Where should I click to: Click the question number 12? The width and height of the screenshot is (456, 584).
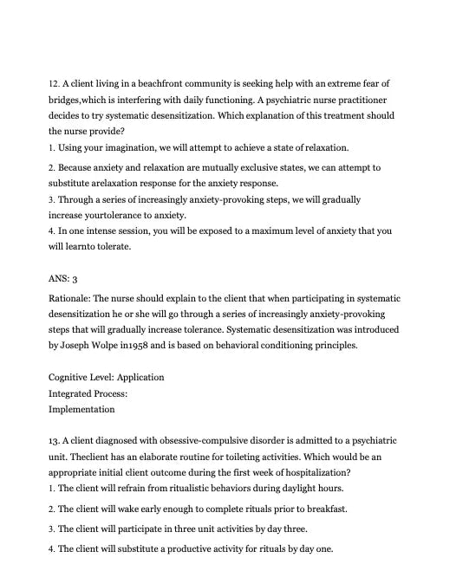[54, 83]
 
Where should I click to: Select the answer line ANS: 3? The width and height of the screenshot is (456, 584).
[63, 279]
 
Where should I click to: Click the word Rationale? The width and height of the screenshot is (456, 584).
[71, 300]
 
